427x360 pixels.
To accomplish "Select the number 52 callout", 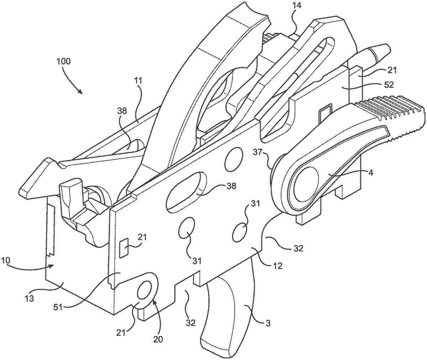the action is tap(388, 85).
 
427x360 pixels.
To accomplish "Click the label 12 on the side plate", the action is tap(277, 266).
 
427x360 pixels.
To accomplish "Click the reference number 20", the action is tap(158, 340).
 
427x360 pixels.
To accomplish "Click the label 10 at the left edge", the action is tap(6, 261).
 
